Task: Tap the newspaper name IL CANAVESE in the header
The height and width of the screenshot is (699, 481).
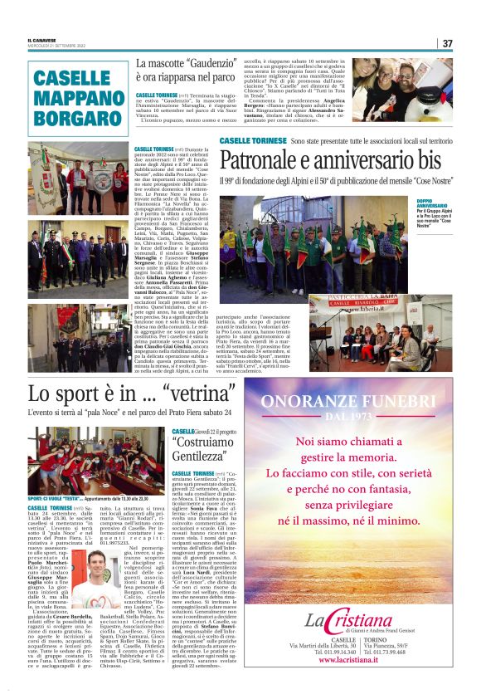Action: [41, 39]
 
